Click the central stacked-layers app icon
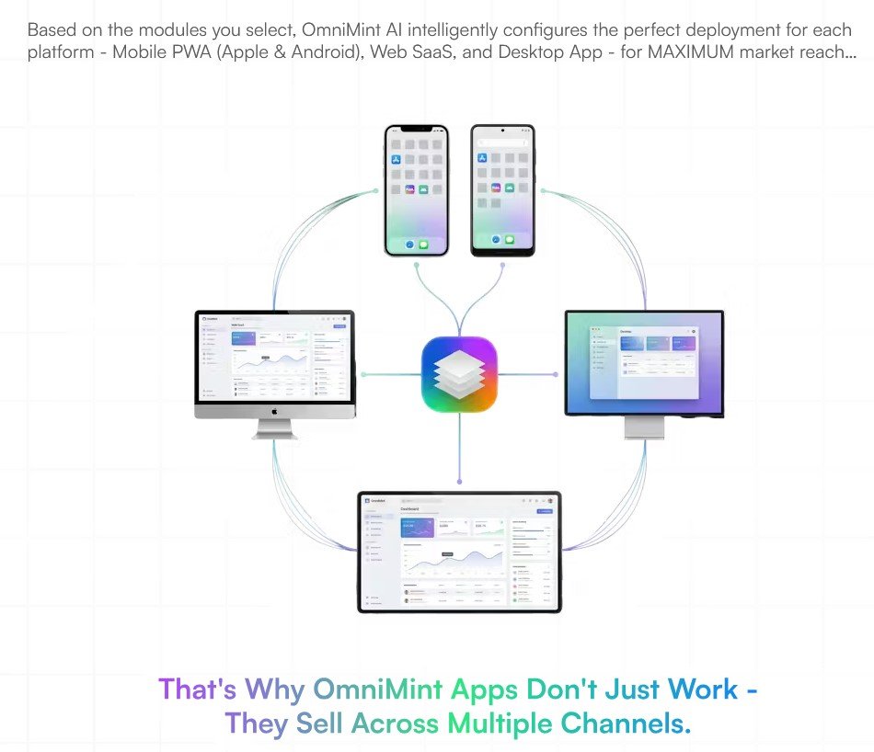click(x=459, y=375)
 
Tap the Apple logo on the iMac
click(x=274, y=413)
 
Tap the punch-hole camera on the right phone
click(x=502, y=131)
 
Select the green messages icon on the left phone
click(x=423, y=245)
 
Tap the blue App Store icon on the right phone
click(x=482, y=158)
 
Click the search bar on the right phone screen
click(x=502, y=142)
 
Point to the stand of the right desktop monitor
click(x=643, y=427)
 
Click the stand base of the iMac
click(x=274, y=435)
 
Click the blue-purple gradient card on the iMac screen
click(x=244, y=341)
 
